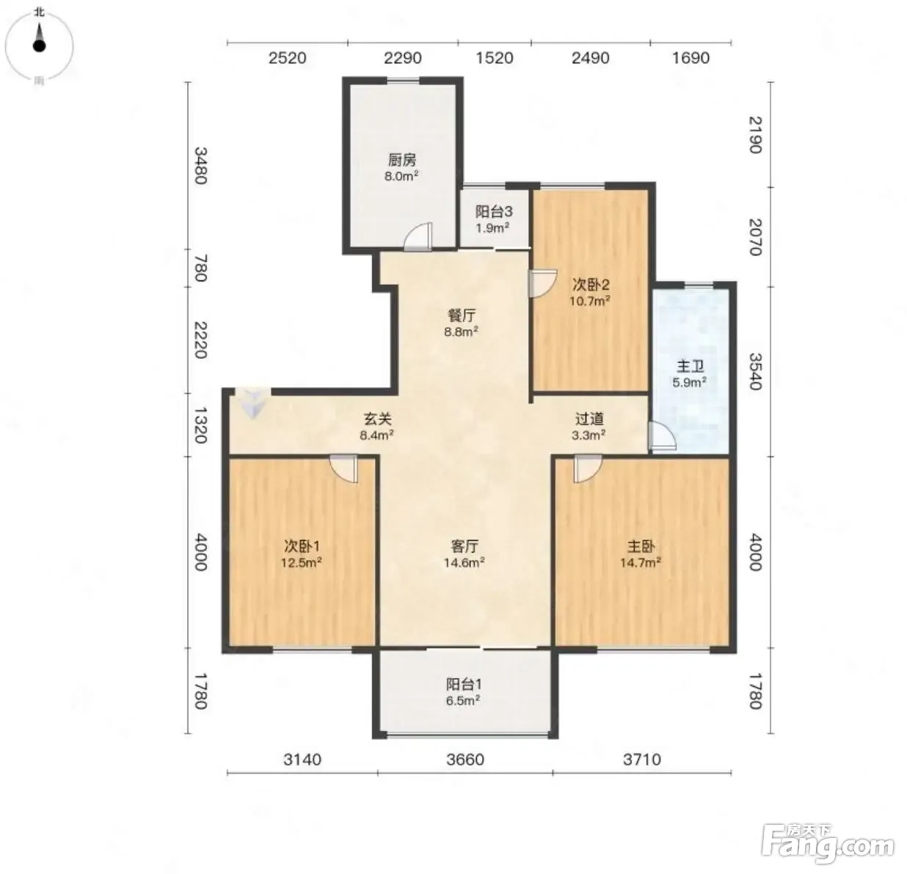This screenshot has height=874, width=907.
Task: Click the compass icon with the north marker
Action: (39, 45)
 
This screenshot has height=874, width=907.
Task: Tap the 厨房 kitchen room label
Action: (401, 160)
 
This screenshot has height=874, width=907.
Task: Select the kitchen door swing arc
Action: (418, 237)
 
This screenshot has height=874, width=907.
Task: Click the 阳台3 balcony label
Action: (494, 211)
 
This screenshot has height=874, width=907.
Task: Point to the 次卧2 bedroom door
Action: (542, 283)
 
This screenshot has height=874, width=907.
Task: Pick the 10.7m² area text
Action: (589, 301)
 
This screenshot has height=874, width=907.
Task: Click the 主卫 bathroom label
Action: (691, 366)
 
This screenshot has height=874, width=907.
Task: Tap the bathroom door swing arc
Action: (662, 436)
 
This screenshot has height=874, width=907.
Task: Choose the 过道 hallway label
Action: (589, 418)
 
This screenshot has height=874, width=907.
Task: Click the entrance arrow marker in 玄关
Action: (253, 403)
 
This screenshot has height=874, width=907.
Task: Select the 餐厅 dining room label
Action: (462, 315)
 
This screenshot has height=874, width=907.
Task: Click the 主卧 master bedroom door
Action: (588, 468)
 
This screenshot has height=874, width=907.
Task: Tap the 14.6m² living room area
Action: (465, 562)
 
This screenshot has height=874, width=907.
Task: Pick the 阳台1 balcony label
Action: (464, 684)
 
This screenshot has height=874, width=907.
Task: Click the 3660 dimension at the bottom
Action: (465, 760)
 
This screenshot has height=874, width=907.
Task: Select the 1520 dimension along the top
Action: (495, 58)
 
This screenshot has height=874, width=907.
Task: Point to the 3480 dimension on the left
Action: (200, 165)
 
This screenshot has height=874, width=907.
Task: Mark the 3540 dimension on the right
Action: (755, 371)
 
